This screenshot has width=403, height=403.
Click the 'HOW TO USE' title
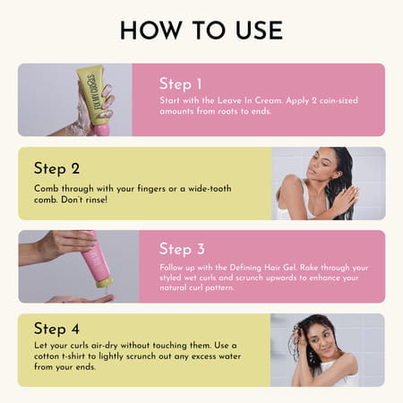201,30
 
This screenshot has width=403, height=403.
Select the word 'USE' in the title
255,30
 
